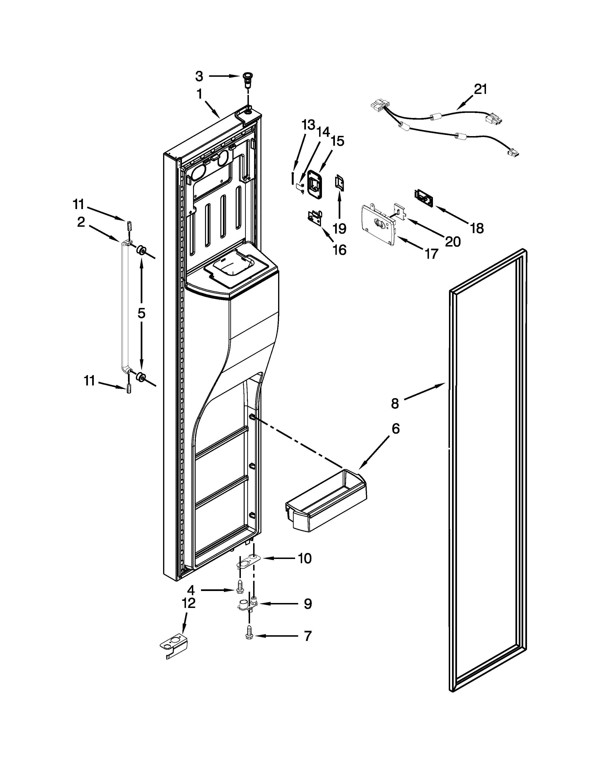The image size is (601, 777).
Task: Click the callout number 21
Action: (480, 89)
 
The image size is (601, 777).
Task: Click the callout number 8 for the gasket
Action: (395, 403)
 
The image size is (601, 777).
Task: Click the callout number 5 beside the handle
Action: (141, 313)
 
